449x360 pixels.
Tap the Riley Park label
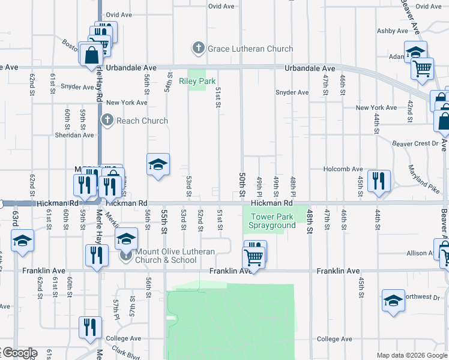pos(197,81)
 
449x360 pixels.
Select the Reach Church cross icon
pos(107,121)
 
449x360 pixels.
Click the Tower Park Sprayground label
pos(274,221)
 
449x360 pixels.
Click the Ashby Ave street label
pos(393,31)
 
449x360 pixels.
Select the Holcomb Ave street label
pos(344,169)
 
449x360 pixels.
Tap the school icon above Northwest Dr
pos(393,300)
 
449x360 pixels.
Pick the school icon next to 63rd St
pos(22,241)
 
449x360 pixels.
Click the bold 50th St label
pos(242,185)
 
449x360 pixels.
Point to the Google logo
pos(19,353)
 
